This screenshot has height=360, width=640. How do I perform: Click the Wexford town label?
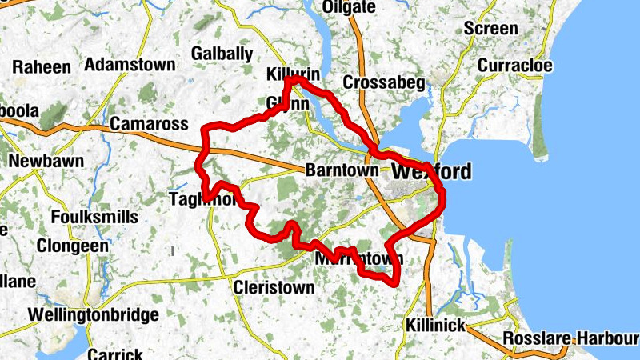pos(431,172)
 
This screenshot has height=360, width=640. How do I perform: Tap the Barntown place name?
pos(341,171)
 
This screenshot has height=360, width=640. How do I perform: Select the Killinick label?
pos(434,325)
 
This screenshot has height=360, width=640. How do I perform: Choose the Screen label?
pos(490,29)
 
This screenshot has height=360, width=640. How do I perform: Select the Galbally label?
pos(222,54)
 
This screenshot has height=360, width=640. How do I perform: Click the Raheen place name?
pos(42,66)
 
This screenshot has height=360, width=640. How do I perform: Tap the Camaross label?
pos(149,124)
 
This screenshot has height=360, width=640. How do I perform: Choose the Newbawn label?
pos(46,161)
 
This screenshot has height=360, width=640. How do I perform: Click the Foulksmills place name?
pos(94,217)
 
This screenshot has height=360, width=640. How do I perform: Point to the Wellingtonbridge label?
pos(93,315)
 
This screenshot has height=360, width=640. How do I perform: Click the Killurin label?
pos(293,74)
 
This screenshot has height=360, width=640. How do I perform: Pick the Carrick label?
pos(115,354)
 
